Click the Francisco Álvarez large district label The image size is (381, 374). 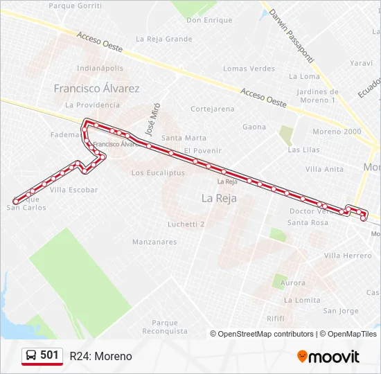tap(96, 89)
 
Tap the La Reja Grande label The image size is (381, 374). tap(164, 39)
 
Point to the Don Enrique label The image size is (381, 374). tap(209, 20)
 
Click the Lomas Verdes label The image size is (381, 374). tap(249, 69)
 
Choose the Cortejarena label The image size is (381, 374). tap(213, 109)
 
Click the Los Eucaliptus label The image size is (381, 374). tap(158, 172)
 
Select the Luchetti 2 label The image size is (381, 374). tap(186, 224)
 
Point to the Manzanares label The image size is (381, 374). tap(154, 242)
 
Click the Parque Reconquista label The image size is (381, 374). tap(165, 327)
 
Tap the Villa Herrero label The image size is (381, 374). tap(348, 256)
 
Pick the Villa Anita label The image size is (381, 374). tap(324, 169)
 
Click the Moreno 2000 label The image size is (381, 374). tap(337, 131)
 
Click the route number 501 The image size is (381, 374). tap(49, 355)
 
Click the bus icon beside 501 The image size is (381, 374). tap(31, 356)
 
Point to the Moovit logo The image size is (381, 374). tap(328, 357)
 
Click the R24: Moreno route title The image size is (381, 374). tap(100, 356)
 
